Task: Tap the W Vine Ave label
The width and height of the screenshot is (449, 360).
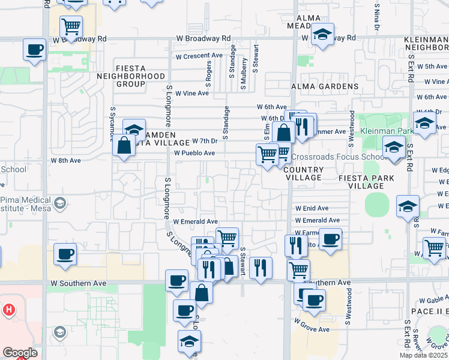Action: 193,93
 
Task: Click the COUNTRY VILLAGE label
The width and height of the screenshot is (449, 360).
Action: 303,174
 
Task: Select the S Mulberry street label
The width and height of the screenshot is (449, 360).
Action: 244,74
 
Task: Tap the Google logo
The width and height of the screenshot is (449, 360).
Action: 20,353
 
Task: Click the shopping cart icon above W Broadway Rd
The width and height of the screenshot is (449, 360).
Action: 71,26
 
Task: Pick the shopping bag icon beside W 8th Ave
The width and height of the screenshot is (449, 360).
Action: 124,145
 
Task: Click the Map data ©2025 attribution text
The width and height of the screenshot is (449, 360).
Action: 423,355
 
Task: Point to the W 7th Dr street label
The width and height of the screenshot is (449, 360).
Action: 204,141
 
